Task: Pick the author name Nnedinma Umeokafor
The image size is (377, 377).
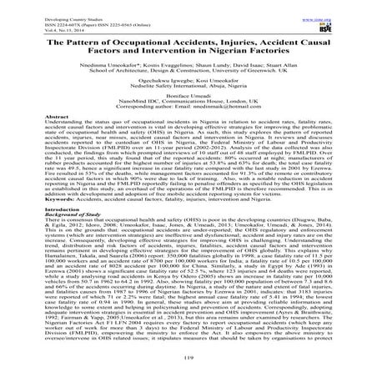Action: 106,73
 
